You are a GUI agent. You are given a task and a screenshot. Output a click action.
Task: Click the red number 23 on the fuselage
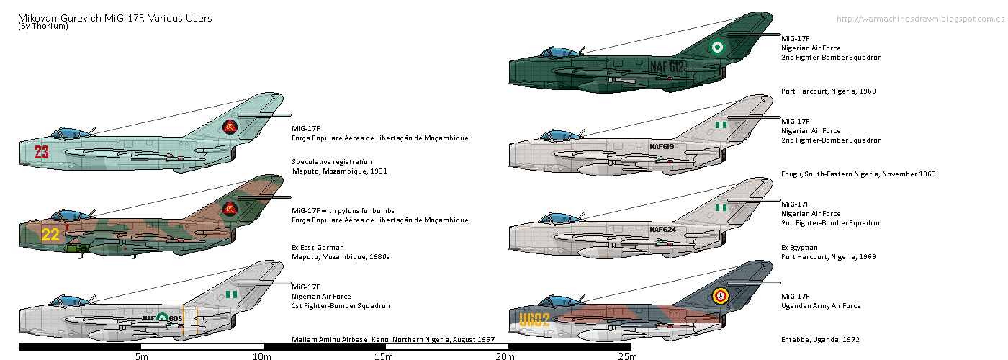[41, 152]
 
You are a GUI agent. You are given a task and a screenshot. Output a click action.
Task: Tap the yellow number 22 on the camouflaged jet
[50, 235]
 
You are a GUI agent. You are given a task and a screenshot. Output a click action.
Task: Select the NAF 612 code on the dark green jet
[667, 67]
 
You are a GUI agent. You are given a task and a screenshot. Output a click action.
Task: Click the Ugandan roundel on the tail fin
[719, 294]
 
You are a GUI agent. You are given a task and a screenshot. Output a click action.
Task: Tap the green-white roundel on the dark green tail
[716, 48]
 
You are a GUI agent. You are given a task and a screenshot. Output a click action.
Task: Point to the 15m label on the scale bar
[384, 356]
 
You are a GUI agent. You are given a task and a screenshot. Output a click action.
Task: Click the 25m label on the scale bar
[627, 356]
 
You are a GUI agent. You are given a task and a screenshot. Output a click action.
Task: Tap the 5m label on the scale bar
[141, 356]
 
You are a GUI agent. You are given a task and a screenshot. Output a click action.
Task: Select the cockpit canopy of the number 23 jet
[68, 132]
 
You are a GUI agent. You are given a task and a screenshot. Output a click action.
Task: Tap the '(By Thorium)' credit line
[40, 27]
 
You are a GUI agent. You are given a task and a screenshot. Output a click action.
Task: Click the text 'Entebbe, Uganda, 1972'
[820, 339]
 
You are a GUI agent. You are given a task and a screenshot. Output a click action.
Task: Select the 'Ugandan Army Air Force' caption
[821, 306]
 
